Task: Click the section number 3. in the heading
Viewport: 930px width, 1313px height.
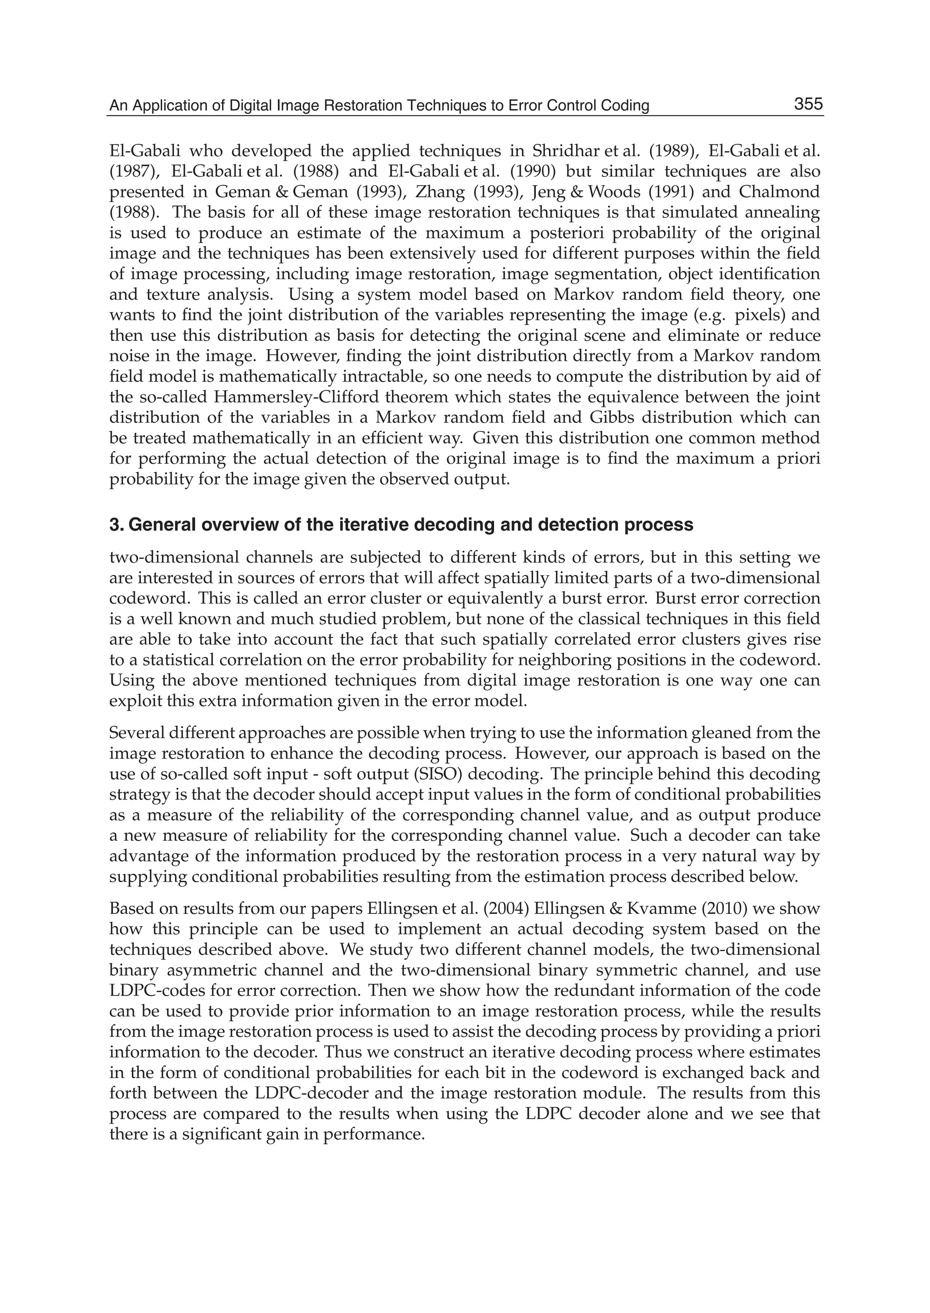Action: tap(117, 524)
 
